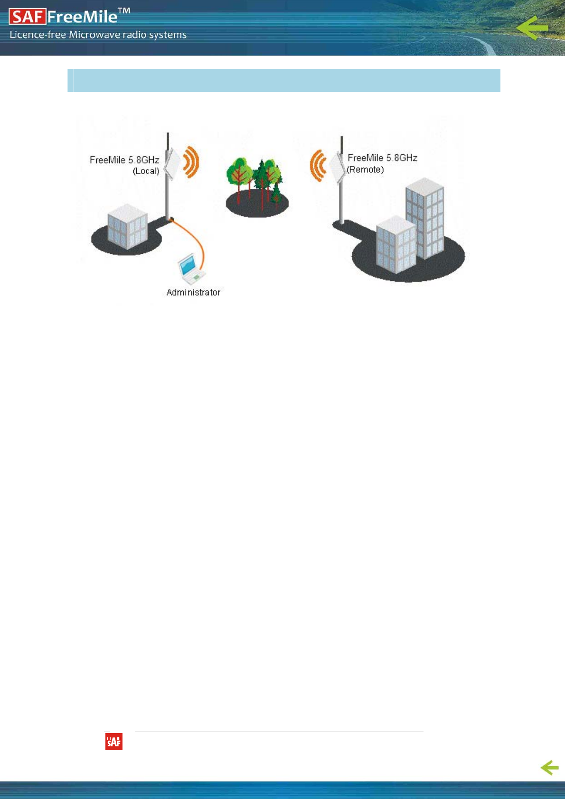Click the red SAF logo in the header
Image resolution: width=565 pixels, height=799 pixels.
(x=27, y=17)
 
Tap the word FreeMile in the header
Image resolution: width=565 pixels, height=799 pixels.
(x=82, y=17)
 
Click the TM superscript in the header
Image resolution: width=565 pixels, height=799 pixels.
(x=123, y=10)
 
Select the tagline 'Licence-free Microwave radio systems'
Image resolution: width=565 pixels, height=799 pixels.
(x=98, y=35)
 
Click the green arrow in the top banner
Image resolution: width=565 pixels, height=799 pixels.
(x=532, y=28)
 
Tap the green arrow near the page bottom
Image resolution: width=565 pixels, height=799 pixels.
(x=550, y=767)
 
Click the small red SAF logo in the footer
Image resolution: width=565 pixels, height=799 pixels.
(x=114, y=742)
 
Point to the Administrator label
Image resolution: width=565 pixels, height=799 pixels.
(x=193, y=293)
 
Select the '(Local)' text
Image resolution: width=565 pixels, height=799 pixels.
(x=146, y=171)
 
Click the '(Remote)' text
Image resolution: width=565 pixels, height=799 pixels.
(x=365, y=170)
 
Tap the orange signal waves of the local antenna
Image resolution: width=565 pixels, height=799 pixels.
(x=191, y=162)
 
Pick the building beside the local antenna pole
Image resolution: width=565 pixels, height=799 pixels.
(x=127, y=226)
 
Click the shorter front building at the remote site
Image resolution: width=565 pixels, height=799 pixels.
(x=395, y=245)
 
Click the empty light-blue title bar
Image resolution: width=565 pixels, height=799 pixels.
(x=283, y=80)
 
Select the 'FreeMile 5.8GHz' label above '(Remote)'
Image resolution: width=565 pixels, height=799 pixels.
(x=382, y=158)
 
